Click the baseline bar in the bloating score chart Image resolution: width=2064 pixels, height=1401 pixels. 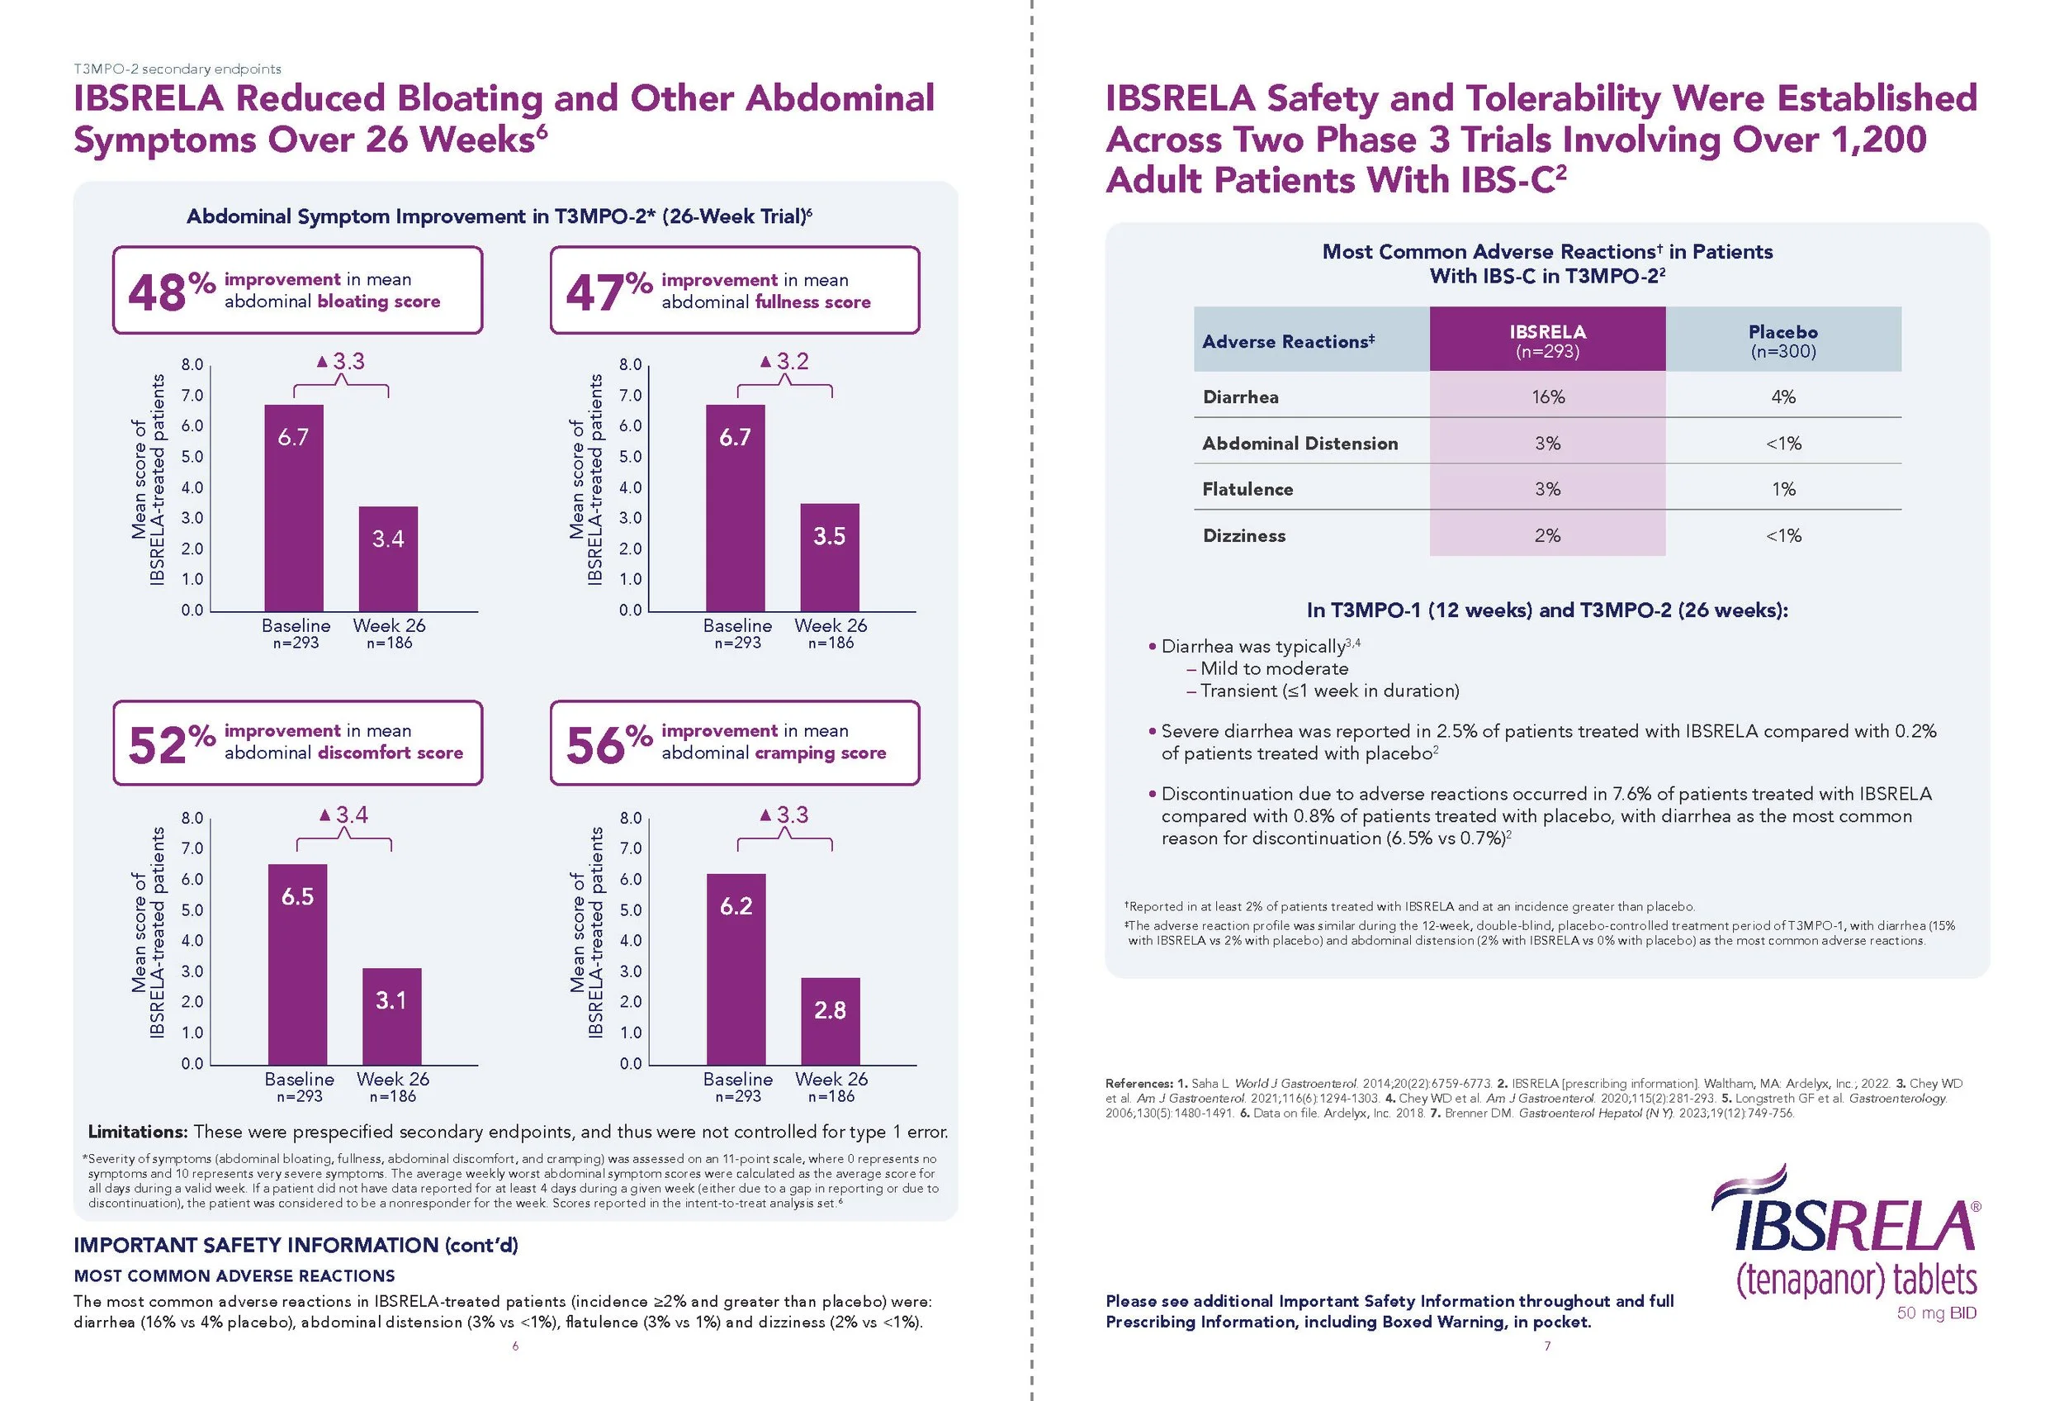click(x=294, y=507)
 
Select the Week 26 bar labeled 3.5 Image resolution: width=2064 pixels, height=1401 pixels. click(x=830, y=557)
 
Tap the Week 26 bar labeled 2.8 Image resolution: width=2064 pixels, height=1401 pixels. click(x=830, y=1021)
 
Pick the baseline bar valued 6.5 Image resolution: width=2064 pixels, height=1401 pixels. click(x=297, y=963)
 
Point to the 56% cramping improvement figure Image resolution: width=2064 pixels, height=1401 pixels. click(x=608, y=743)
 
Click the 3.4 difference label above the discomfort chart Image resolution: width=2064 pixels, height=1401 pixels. click(x=343, y=814)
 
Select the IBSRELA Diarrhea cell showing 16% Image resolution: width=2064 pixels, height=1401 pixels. click(x=1547, y=397)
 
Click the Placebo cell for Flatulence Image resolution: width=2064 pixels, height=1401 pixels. click(x=1782, y=489)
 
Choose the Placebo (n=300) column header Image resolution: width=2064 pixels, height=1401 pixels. click(x=1782, y=340)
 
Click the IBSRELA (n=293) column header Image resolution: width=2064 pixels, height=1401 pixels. click(x=1547, y=340)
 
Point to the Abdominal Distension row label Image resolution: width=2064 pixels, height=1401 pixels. click(x=1299, y=444)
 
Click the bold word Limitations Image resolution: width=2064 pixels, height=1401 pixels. click(x=137, y=1132)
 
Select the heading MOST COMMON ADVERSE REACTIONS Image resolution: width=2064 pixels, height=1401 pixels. click(x=234, y=1275)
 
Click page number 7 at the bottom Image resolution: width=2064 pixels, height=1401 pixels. click(x=1547, y=1346)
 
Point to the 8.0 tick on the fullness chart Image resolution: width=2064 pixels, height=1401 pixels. click(x=631, y=364)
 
